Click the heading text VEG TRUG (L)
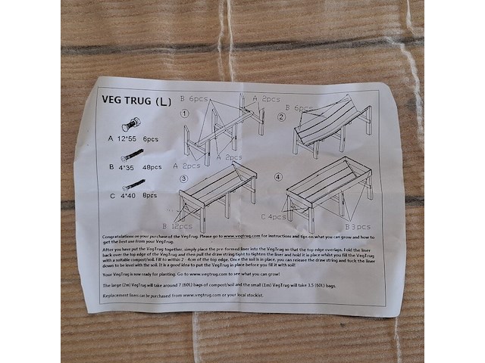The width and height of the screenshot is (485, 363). click(x=136, y=100)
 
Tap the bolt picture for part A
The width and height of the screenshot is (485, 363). click(x=132, y=124)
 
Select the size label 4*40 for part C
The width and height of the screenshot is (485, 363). click(x=124, y=195)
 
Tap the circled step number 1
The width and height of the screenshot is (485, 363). click(x=184, y=114)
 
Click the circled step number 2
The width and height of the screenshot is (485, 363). click(x=280, y=117)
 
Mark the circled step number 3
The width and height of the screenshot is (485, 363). click(x=183, y=178)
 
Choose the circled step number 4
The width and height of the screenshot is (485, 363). click(x=277, y=177)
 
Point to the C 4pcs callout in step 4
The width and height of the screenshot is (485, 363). click(x=274, y=217)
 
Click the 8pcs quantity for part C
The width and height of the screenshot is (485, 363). click(x=149, y=195)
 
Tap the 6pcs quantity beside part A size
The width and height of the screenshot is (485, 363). click(x=150, y=139)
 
